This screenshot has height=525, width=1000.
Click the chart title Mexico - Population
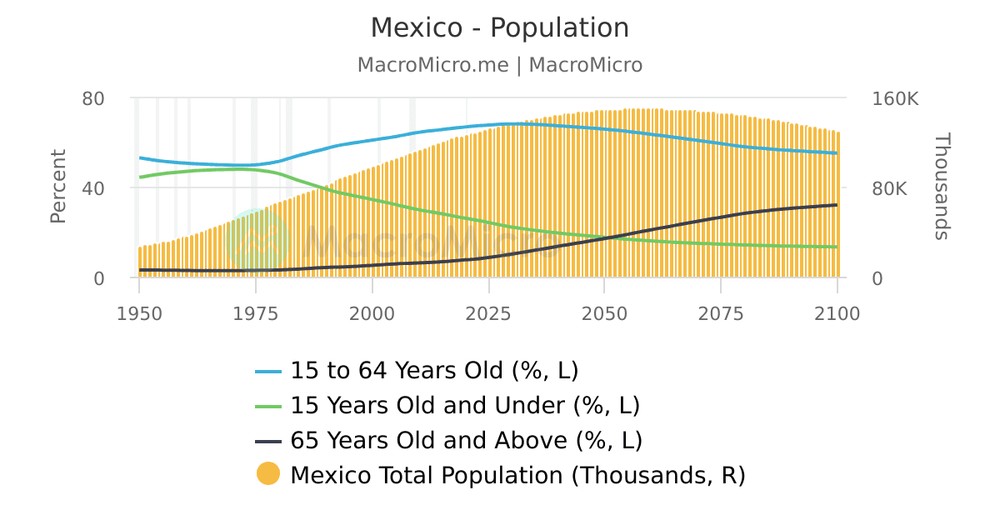pos(500,28)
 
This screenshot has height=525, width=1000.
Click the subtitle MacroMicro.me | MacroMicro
pos(500,65)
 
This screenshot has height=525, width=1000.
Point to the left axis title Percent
pos(57,187)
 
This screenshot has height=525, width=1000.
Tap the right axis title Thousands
pos(942,187)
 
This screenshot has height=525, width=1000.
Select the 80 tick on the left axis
pos(93,98)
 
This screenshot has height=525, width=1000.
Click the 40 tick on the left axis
pos(93,188)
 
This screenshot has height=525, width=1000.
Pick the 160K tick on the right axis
pos(895,98)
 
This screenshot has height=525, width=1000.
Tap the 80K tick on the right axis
pos(890,188)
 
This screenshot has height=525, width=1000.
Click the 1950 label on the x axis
pos(139,313)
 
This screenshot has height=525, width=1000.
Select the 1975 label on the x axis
pos(255,313)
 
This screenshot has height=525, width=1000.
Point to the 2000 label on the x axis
pos(372,313)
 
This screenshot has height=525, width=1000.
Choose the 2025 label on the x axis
pos(487,313)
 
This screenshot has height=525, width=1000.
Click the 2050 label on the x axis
pos(604,313)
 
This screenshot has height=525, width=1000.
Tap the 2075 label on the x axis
pos(720,313)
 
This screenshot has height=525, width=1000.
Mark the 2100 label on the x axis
pos(837,313)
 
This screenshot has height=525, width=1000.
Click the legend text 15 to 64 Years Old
pos(433,370)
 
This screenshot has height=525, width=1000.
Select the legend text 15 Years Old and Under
pos(464,405)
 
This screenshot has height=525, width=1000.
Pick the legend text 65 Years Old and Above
pos(466,440)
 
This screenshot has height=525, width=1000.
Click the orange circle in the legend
pos(268,474)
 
